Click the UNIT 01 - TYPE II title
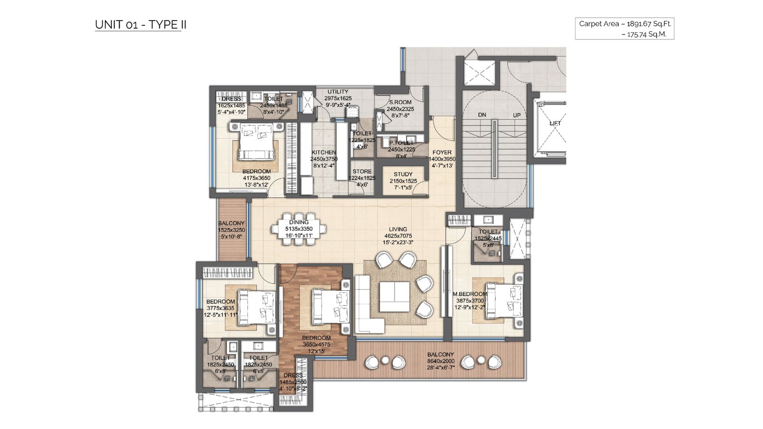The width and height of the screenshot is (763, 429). pyautogui.click(x=140, y=25)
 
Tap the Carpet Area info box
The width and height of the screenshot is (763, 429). pyautogui.click(x=624, y=29)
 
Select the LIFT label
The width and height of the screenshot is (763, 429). pyautogui.click(x=555, y=123)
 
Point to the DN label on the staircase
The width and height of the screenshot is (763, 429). pyautogui.click(x=482, y=115)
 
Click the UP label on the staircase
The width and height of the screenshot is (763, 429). pyautogui.click(x=517, y=115)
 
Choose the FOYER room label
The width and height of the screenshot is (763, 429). pyautogui.click(x=442, y=153)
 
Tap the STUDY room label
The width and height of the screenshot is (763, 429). pyautogui.click(x=403, y=174)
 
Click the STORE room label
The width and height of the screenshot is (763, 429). pyautogui.click(x=362, y=172)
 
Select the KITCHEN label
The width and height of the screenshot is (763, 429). pyautogui.click(x=324, y=153)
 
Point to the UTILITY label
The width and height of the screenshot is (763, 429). pyautogui.click(x=338, y=92)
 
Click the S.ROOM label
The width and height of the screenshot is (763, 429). pyautogui.click(x=400, y=102)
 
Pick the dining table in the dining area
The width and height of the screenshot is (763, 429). pyautogui.click(x=299, y=229)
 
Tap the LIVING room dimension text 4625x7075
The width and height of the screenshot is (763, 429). pyautogui.click(x=398, y=235)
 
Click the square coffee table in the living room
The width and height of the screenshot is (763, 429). pyautogui.click(x=395, y=296)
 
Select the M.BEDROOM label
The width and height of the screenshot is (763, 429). pyautogui.click(x=470, y=294)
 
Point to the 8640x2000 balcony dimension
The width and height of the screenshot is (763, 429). pyautogui.click(x=441, y=361)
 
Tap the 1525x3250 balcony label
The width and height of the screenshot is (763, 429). pyautogui.click(x=232, y=230)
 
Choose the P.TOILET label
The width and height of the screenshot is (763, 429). pyautogui.click(x=402, y=143)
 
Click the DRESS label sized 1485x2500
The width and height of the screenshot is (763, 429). pyautogui.click(x=293, y=376)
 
